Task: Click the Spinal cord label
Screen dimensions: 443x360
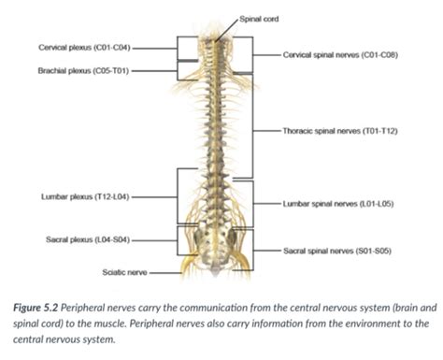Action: point(259,18)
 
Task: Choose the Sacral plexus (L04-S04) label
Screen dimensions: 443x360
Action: point(83,240)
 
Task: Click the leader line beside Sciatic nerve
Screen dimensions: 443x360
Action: point(164,273)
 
